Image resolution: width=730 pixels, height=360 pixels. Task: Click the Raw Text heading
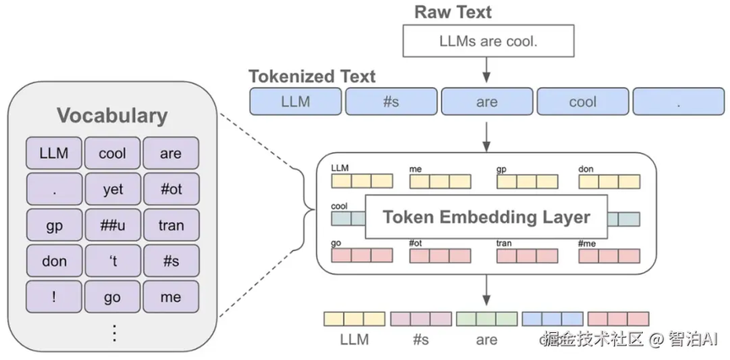tap(453, 12)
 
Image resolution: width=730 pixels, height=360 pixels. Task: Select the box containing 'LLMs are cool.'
tap(487, 40)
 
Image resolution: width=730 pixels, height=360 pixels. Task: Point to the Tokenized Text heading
tap(312, 76)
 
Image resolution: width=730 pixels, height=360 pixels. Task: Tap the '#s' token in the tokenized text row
tap(390, 101)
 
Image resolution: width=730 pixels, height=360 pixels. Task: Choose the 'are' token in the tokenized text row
tap(487, 101)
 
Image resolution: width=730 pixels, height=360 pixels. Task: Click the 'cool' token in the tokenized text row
tap(583, 101)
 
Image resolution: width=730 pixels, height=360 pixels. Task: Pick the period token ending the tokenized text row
tap(678, 101)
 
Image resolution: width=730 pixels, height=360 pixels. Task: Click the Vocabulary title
tap(112, 116)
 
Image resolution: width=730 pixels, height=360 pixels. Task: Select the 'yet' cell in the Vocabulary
tap(112, 189)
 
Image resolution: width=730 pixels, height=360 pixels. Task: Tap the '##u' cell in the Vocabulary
tap(112, 225)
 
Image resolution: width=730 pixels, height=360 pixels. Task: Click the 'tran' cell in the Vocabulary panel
tap(171, 225)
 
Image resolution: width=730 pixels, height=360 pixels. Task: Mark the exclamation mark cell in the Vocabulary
tap(54, 297)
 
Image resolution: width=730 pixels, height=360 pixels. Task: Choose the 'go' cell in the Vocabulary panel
tap(112, 297)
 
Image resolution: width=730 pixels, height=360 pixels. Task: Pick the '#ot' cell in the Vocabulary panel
tap(171, 189)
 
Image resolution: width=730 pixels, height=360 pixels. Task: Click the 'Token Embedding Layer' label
tap(486, 216)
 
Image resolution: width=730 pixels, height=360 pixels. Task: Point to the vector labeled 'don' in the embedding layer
tap(609, 180)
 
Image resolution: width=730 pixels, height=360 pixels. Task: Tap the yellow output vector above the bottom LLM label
tap(355, 319)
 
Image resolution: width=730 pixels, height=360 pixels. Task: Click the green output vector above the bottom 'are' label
tap(487, 319)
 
